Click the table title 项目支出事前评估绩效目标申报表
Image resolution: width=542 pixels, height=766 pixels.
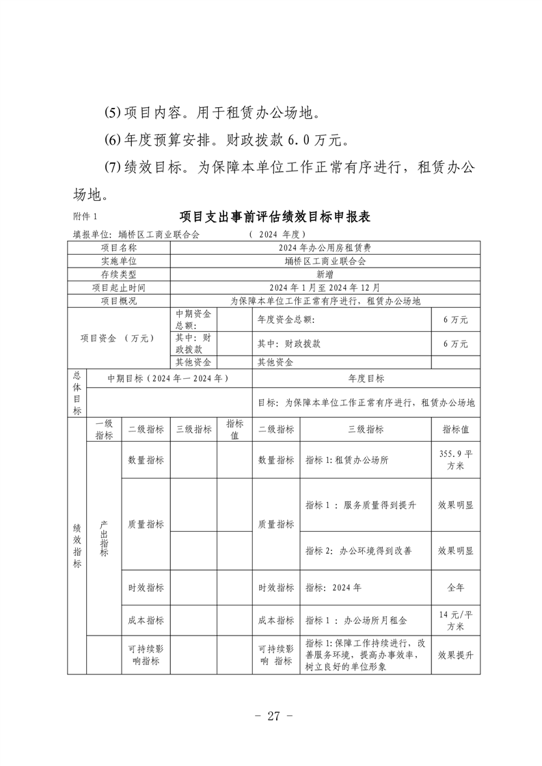click(274, 217)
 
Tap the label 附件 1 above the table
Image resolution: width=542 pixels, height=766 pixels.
click(85, 217)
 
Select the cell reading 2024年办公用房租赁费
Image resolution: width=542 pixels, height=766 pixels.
click(325, 249)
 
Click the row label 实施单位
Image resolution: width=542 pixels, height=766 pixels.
click(118, 261)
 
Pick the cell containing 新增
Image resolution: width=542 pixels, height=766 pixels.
click(325, 274)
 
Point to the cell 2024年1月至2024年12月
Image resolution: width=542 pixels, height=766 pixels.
click(325, 287)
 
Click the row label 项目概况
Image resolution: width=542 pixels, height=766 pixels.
click(118, 300)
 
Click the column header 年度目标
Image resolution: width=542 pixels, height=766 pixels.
click(366, 378)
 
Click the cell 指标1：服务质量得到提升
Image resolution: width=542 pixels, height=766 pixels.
click(361, 505)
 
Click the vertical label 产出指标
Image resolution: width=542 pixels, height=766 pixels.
click(104, 539)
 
